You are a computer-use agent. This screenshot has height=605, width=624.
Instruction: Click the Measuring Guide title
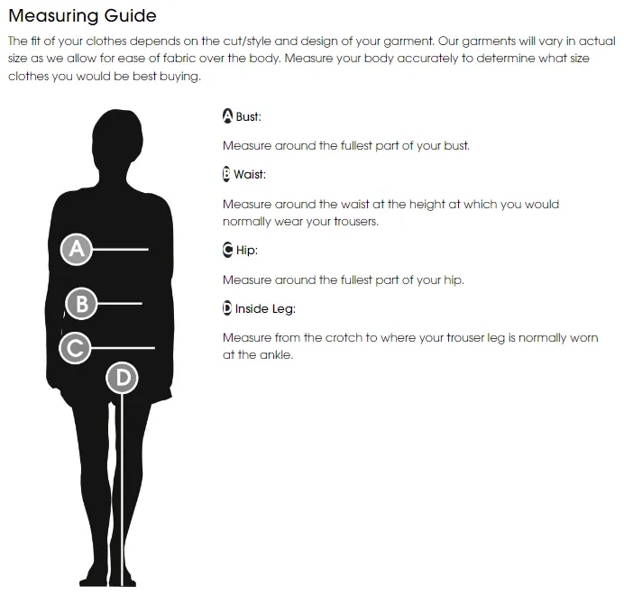click(82, 16)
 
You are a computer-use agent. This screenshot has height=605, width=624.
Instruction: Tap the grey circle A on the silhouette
click(77, 250)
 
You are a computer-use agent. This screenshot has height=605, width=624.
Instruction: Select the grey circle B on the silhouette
click(81, 304)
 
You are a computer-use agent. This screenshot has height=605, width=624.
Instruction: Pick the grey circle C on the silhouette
click(75, 348)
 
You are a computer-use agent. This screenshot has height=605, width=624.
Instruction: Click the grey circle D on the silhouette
click(122, 378)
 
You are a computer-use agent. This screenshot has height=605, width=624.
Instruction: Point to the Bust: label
click(248, 116)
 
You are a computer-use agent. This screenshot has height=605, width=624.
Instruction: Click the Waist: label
click(250, 174)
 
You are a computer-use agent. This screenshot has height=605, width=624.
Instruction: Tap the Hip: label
click(247, 251)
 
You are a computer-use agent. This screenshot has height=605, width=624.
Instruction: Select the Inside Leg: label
click(265, 309)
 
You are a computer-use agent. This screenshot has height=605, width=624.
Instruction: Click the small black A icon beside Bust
click(227, 115)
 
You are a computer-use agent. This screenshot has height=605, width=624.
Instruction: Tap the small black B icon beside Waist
click(226, 174)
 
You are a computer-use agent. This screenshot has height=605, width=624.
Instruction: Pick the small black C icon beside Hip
click(227, 250)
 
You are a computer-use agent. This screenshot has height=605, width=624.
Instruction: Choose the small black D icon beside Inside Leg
click(227, 308)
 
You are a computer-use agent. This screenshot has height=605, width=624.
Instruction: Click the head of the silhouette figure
click(117, 137)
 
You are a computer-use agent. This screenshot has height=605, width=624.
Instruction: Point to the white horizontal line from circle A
click(120, 250)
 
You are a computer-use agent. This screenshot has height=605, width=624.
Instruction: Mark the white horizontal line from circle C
click(123, 348)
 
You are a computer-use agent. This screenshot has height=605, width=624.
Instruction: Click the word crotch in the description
click(344, 337)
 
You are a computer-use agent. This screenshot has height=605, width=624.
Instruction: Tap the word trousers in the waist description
click(356, 221)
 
